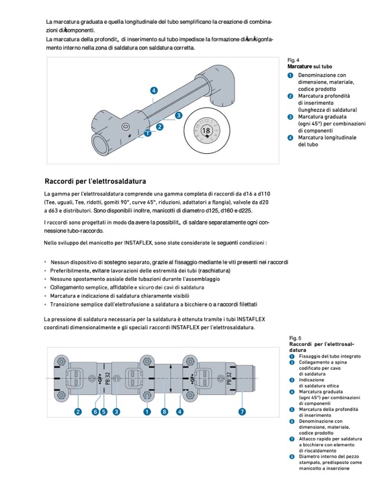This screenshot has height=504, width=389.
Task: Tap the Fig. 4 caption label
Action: click(x=293, y=60)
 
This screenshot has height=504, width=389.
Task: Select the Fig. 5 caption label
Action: click(x=295, y=338)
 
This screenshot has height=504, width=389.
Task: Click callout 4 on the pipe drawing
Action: click(x=153, y=90)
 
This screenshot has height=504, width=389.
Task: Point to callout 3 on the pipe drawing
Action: click(x=179, y=115)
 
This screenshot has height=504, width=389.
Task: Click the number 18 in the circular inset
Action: click(x=206, y=130)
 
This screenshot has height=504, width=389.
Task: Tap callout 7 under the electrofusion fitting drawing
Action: click(x=242, y=412)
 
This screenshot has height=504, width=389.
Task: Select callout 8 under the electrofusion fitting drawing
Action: click(x=165, y=412)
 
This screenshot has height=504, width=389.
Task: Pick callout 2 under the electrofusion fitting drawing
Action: click(x=78, y=412)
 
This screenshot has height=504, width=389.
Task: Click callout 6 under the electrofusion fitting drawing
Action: click(x=95, y=412)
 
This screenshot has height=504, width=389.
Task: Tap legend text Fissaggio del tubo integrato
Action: click(x=330, y=356)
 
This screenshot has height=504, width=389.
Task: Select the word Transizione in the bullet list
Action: click(x=66, y=304)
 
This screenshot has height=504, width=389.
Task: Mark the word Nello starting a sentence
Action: click(x=51, y=243)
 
